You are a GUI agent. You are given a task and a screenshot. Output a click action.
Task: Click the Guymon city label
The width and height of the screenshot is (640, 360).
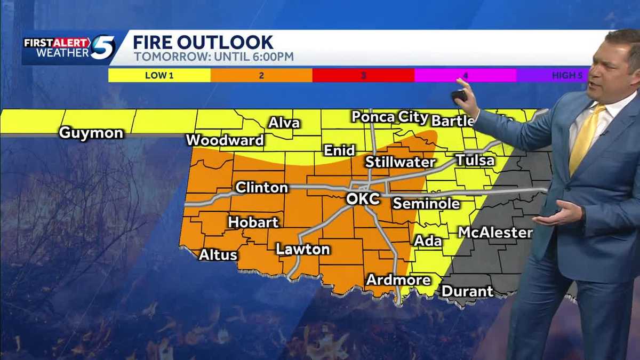coord(91,133)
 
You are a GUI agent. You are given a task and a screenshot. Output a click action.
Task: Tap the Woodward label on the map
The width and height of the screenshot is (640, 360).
coord(225,140)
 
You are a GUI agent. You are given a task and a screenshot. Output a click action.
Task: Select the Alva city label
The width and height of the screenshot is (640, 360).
coord(284,123)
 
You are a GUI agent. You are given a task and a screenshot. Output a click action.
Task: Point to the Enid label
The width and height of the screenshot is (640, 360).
coord(339,151)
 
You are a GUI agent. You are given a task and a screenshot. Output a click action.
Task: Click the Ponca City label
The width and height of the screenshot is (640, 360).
coord(389,117)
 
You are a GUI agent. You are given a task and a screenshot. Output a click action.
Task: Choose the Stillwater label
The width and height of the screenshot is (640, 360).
coord(400,162)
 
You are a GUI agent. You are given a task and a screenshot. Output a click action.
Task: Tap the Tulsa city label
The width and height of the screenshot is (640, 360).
coord(475,160)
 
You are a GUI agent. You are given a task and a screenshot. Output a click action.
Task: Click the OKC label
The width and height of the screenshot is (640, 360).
coord(363,199)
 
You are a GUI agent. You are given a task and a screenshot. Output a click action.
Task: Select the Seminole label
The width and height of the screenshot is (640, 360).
coord(426,204)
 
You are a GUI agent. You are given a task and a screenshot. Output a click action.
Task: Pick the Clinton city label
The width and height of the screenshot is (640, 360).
coord(261,188)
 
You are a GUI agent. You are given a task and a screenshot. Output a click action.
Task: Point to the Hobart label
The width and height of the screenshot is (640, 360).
coord(253,222)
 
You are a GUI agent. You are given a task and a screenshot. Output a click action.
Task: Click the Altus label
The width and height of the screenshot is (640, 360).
coord(218,255)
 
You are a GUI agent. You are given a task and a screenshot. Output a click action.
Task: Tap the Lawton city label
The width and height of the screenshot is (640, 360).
coord(302,249)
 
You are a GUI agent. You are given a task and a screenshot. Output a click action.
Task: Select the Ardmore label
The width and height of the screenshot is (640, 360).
coord(398,280)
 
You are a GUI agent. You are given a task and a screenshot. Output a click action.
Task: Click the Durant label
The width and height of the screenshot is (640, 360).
coord(467,291)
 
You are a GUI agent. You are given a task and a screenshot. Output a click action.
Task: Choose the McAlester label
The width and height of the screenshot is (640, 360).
coord(495,233)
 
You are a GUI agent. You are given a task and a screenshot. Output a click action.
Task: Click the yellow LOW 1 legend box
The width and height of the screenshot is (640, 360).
coord(159,75)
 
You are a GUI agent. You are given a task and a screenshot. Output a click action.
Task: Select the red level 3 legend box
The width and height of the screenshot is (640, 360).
coord(363,75)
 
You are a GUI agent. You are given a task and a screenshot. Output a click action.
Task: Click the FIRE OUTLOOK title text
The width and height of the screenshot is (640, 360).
coord(203,42)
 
